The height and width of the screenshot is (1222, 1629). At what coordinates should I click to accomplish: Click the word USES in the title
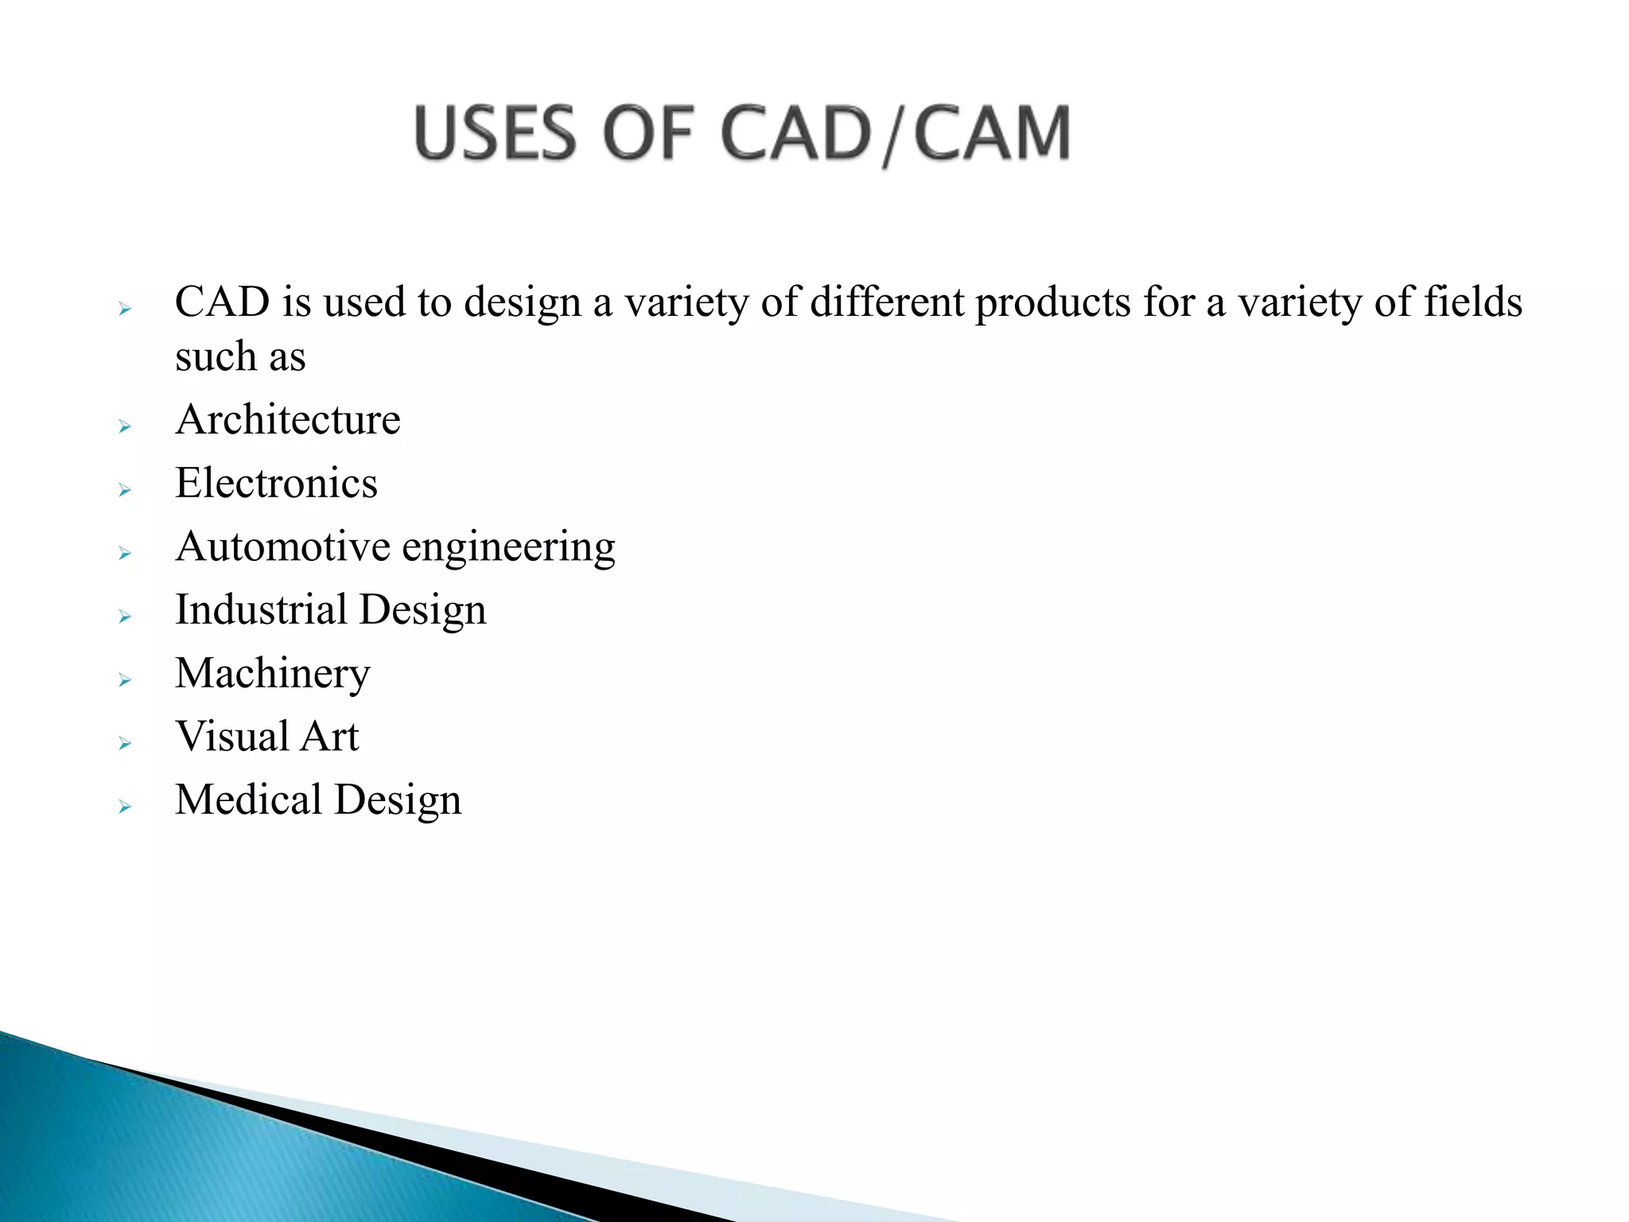(494, 134)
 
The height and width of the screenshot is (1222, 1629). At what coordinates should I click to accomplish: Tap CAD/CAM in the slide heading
(895, 134)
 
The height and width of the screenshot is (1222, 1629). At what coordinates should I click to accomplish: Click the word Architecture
(288, 419)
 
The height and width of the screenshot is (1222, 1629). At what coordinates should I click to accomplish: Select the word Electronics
(276, 483)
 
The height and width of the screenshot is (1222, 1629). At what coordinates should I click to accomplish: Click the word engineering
(508, 548)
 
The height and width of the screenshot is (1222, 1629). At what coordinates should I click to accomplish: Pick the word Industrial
(261, 609)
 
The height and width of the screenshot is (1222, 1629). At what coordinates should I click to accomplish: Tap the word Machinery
(272, 674)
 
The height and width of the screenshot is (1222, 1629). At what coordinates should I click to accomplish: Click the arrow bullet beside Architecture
(125, 427)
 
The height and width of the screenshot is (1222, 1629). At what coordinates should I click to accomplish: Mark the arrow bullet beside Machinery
(125, 680)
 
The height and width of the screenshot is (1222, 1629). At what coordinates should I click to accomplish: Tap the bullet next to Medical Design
(125, 807)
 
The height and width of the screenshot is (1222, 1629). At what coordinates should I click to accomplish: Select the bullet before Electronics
(125, 490)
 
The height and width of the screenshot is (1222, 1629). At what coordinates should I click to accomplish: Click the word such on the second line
(216, 356)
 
